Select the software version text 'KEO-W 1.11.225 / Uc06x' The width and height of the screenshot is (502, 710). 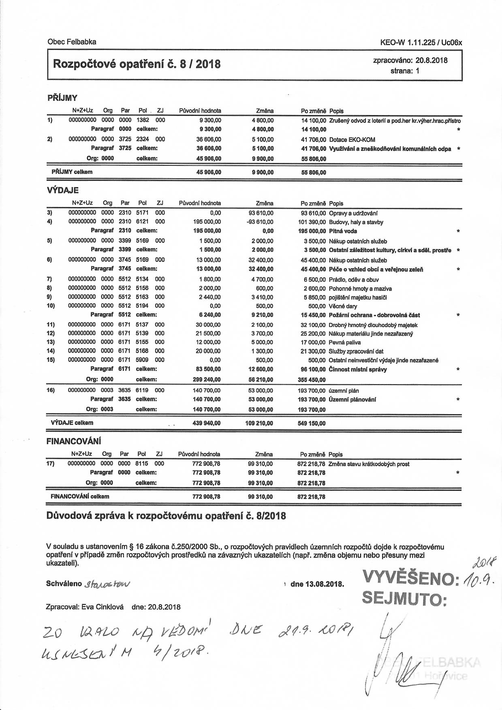pos(421,42)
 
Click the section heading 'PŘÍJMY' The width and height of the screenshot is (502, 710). pos(62,98)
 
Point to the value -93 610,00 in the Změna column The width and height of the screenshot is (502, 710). pos(261,222)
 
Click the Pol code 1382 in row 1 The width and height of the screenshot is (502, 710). pos(143,120)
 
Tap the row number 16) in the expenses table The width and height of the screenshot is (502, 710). pos(51,390)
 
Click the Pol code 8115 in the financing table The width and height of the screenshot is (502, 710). pos(142,463)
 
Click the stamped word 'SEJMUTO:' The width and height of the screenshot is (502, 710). pos(404,599)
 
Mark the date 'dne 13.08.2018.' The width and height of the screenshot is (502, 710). pos(317,584)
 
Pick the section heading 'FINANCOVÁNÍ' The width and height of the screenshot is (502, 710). pos(74,441)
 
